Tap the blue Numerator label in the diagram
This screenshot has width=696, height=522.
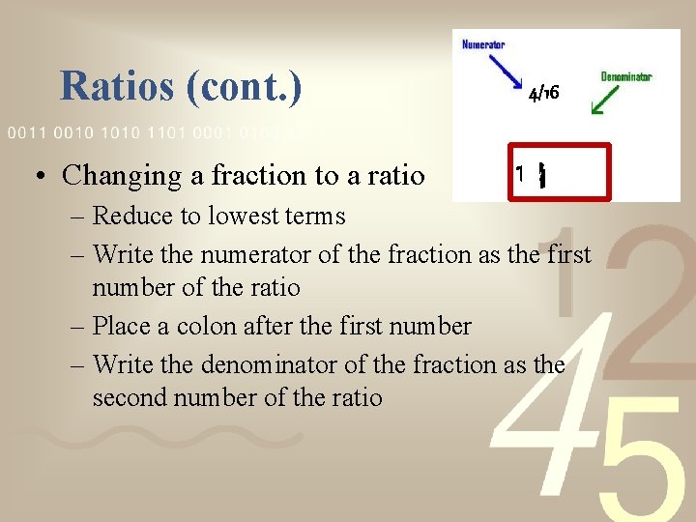482,44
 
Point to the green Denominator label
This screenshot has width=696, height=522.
625,76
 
